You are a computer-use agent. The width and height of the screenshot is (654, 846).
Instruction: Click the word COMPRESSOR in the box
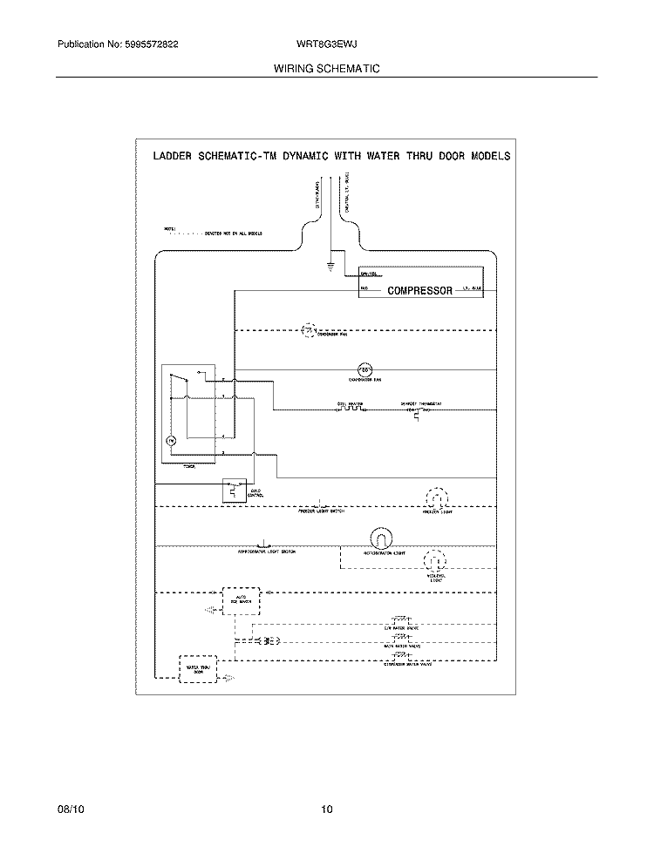[419, 291]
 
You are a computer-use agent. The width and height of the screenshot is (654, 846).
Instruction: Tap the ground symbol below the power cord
[330, 262]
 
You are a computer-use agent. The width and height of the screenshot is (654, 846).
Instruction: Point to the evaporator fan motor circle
[366, 369]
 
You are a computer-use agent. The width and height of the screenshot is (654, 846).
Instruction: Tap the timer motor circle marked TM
[172, 442]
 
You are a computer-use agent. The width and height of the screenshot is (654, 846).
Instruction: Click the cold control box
[234, 491]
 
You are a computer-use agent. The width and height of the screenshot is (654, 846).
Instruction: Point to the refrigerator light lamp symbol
[378, 538]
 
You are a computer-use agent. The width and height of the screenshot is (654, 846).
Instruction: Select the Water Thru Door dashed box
[197, 667]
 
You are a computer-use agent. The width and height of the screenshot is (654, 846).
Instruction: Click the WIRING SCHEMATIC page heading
[326, 68]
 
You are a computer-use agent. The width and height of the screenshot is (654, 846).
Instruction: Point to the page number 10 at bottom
[326, 810]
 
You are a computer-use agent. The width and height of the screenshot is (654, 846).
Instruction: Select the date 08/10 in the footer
[70, 810]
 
